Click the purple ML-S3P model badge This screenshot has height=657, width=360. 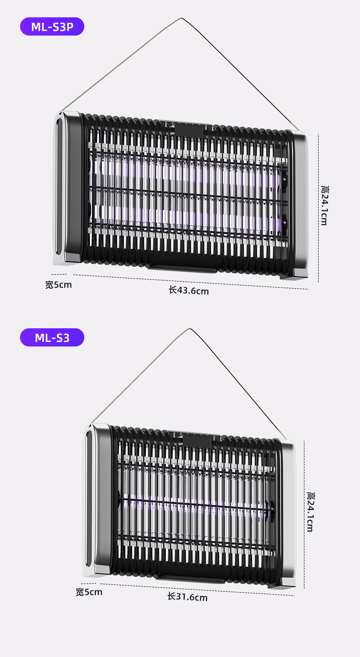click(x=52, y=26)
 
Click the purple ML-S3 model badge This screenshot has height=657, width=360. click(x=52, y=337)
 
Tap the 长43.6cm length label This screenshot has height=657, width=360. click(x=189, y=290)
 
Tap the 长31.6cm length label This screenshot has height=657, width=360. click(x=187, y=596)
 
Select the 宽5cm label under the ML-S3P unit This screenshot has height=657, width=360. click(x=58, y=285)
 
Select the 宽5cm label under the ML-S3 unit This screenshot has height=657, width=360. click(x=89, y=592)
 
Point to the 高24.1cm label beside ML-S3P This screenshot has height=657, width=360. click(x=324, y=205)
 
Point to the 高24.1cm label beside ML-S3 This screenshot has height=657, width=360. click(x=310, y=512)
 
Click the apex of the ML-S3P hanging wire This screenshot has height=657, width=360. click(x=182, y=18)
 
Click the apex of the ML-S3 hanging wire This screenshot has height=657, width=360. click(x=190, y=328)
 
